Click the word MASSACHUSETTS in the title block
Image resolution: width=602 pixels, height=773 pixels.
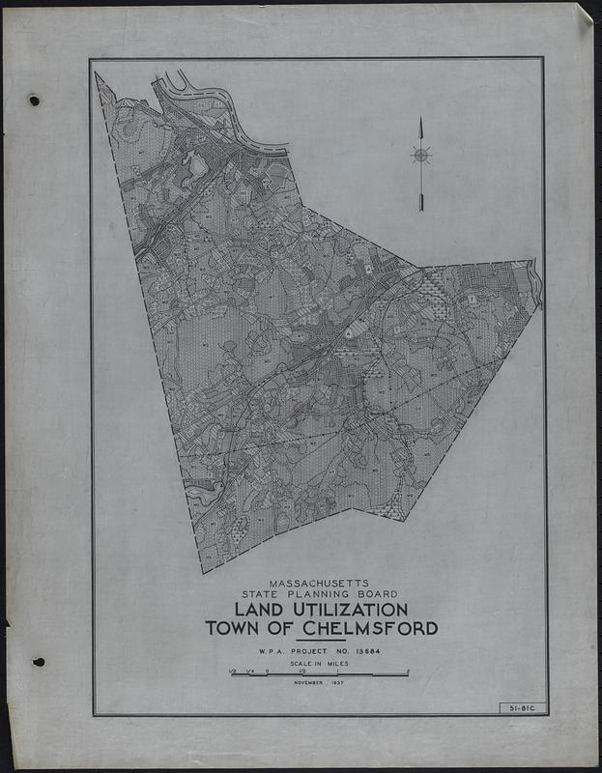320,584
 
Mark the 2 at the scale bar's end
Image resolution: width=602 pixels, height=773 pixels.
408,670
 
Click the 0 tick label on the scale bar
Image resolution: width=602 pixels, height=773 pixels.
268,670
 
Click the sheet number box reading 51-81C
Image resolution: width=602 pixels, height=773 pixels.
523,709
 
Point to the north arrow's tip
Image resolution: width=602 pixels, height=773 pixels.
420,120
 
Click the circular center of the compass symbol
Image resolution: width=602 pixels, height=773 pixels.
420,155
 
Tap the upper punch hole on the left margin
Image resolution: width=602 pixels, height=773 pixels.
34,100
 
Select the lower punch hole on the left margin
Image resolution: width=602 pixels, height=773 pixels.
38,662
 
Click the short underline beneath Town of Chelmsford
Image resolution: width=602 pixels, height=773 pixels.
320,641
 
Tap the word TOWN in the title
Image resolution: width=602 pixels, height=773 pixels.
231,629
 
